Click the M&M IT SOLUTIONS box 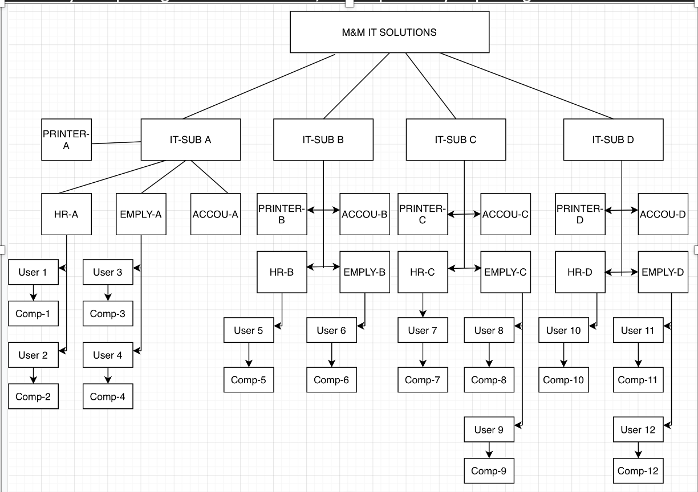(389, 32)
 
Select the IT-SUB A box (190, 140)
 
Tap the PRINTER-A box (66, 140)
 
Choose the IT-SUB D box (613, 140)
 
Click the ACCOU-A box (216, 214)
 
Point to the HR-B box (282, 272)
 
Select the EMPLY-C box (505, 272)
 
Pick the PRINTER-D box (580, 214)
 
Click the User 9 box (489, 429)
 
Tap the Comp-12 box (638, 471)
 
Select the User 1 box (33, 272)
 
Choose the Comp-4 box (108, 396)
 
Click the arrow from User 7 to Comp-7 (423, 355)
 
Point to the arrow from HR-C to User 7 (423, 305)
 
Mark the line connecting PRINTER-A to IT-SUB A (116, 142)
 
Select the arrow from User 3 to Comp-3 (108, 293)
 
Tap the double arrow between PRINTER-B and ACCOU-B (323, 210)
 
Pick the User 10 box (563, 330)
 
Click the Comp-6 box (331, 380)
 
